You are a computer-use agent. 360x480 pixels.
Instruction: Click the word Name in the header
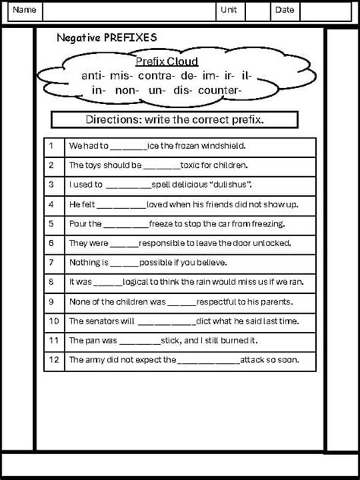point(25,10)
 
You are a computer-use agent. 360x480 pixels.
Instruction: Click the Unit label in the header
point(229,10)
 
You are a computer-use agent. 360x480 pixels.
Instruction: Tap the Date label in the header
point(284,10)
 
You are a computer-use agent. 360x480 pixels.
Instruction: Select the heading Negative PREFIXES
point(107,38)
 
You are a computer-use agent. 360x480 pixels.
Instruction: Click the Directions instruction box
point(179,120)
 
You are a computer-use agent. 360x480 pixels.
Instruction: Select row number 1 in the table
point(51,145)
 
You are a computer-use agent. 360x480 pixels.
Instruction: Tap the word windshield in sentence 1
point(225,145)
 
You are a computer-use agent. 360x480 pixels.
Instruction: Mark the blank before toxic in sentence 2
point(159,166)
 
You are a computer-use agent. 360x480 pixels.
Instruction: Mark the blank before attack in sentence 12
point(209,360)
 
